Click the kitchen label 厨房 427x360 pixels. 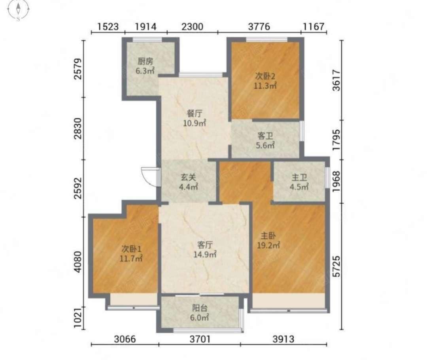[x=145, y=61]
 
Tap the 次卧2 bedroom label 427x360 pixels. [x=265, y=76]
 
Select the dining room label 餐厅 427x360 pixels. [x=195, y=114]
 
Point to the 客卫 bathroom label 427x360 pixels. [x=265, y=136]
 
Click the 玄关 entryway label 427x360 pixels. [x=189, y=177]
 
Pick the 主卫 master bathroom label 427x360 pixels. [x=299, y=178]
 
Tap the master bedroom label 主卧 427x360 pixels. [x=268, y=235]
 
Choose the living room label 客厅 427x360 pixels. [x=205, y=245]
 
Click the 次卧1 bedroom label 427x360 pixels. [x=131, y=249]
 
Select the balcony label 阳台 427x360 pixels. [x=200, y=308]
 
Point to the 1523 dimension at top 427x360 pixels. [x=108, y=27]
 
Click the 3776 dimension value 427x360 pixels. [x=259, y=27]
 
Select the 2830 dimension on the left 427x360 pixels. [x=78, y=128]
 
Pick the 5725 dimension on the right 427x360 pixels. [x=337, y=266]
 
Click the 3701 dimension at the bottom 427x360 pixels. [x=200, y=339]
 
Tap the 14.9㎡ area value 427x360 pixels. [x=205, y=254]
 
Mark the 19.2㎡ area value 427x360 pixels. [x=268, y=245]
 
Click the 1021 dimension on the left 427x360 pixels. [x=78, y=318]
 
